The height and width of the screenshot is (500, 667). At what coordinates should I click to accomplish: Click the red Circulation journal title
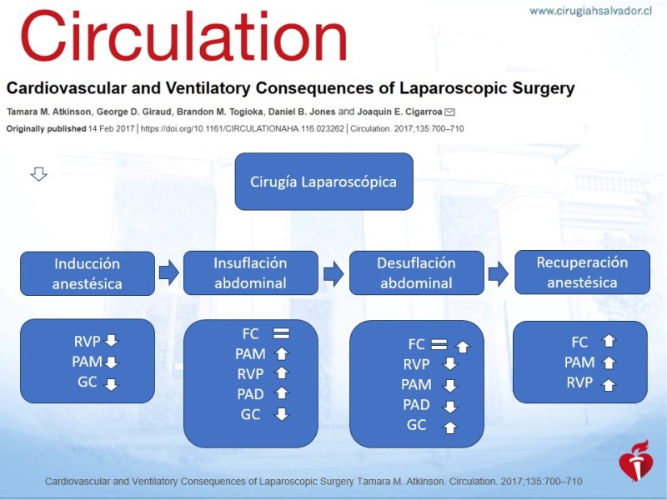click(183, 37)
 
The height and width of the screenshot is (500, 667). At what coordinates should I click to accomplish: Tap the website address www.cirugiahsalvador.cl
click(590, 11)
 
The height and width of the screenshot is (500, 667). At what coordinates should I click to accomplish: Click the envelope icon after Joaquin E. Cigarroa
click(449, 112)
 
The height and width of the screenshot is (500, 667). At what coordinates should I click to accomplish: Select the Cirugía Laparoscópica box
click(323, 182)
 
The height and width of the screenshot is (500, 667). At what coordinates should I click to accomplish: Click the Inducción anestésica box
click(88, 273)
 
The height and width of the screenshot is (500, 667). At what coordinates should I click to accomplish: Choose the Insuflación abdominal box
click(251, 272)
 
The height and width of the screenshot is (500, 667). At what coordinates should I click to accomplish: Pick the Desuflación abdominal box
click(416, 272)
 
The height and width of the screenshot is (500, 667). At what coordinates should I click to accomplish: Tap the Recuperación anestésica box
click(582, 272)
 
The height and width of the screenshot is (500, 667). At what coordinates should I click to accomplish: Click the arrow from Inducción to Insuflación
click(169, 272)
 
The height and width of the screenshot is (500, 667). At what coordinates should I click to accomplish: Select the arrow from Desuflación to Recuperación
click(498, 273)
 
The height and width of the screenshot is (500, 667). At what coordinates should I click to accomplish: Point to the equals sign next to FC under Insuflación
click(281, 333)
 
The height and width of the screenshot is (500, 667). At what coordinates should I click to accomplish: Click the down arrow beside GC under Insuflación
click(282, 413)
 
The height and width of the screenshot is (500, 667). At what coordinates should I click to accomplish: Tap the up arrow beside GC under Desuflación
click(450, 427)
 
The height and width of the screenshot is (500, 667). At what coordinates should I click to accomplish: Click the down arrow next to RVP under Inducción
click(112, 340)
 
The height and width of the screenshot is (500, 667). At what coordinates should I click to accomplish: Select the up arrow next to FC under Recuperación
click(609, 341)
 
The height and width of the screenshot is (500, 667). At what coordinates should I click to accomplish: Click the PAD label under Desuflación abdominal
click(416, 404)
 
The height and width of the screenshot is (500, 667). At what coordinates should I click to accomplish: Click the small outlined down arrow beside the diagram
click(38, 174)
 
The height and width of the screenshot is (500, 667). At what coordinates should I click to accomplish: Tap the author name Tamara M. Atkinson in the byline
click(49, 112)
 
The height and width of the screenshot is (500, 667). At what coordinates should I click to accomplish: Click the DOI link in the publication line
click(242, 128)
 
